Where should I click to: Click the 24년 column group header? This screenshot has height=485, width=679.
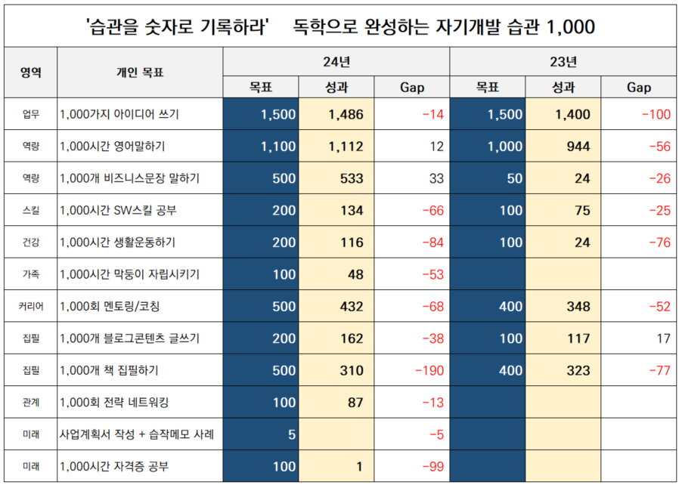tap(336, 61)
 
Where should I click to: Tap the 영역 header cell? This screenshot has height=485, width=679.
tap(30, 73)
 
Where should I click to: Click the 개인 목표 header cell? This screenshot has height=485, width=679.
tap(140, 73)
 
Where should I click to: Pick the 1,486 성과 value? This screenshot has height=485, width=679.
tap(346, 115)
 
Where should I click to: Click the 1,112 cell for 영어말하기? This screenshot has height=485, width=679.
tap(346, 147)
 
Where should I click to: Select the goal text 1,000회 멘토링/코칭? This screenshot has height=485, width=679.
tap(110, 307)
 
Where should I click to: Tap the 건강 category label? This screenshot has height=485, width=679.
tap(30, 242)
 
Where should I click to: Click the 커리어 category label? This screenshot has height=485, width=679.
tap(30, 307)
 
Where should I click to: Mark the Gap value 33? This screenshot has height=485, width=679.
tap(436, 179)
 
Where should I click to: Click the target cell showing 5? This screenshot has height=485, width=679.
tap(291, 434)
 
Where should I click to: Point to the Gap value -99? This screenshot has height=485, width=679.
tap(431, 466)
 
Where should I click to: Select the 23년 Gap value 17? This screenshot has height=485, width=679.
tap(663, 338)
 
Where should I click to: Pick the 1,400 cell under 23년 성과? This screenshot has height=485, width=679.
tap(572, 115)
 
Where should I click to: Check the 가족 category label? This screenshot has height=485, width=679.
tap(30, 274)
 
